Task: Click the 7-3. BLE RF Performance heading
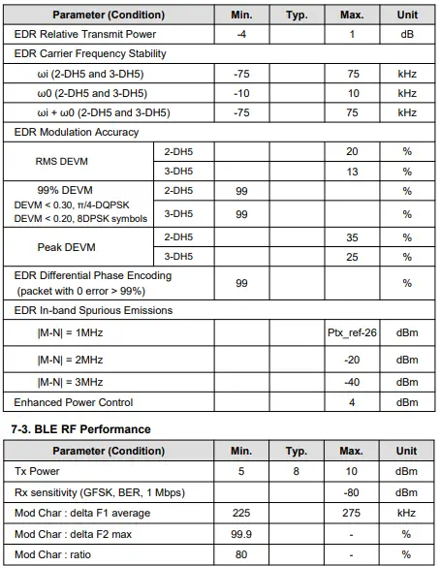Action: coord(80,428)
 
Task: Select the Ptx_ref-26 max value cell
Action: coord(352,332)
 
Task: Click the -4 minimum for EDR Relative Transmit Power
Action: coord(241,34)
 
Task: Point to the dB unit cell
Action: coord(407,34)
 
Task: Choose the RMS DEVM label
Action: coord(62,161)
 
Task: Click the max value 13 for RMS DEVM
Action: coord(352,172)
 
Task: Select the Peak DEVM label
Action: coord(64,247)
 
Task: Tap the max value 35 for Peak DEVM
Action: coord(352,236)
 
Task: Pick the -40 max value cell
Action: coord(352,382)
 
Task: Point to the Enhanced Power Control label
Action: coord(74,401)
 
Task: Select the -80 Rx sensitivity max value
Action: coord(352,493)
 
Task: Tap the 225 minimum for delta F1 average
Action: coord(241,513)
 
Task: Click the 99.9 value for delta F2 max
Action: coord(241,532)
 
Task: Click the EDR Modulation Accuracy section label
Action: coord(77,132)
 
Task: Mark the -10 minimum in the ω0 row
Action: coord(241,93)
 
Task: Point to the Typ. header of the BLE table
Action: coord(297,451)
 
